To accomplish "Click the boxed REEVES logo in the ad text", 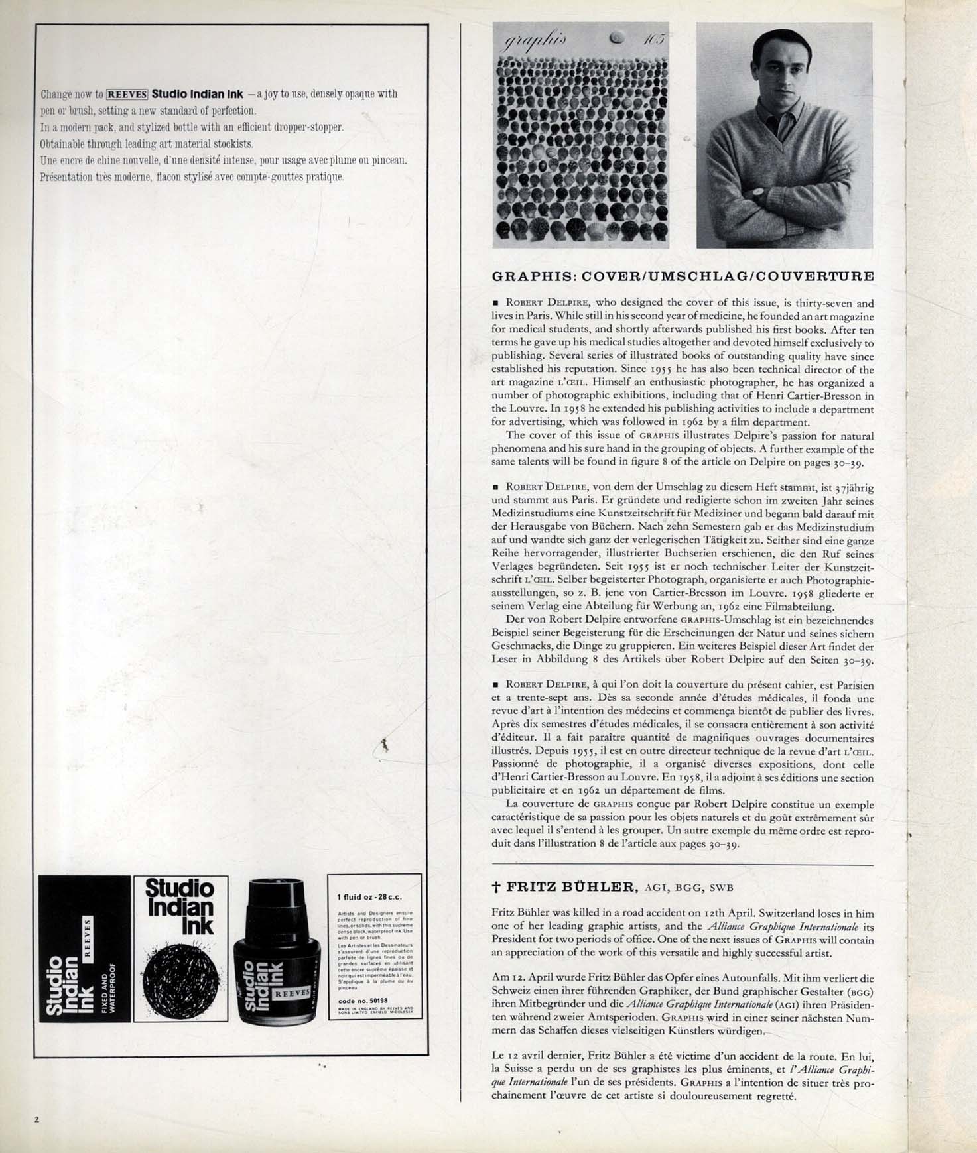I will coord(127,93).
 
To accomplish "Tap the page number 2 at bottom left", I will coord(37,1120).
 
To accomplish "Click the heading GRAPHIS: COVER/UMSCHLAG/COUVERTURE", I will coord(683,276).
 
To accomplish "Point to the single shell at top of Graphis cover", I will coord(616,39).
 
